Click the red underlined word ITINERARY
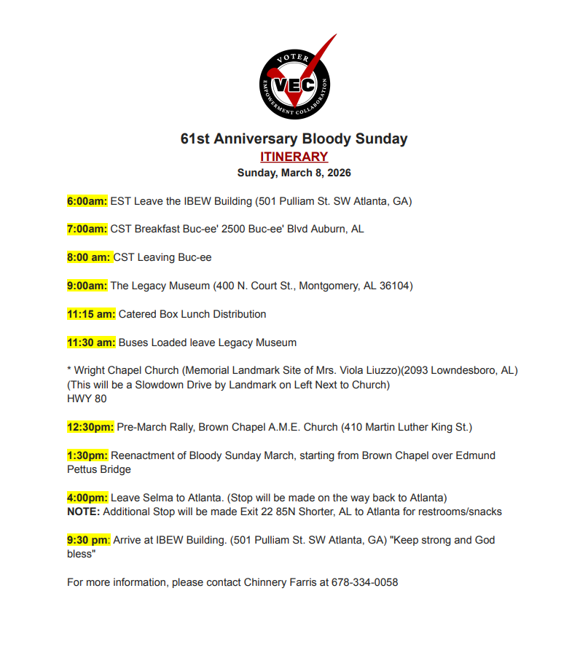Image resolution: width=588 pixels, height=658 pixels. [x=294, y=157]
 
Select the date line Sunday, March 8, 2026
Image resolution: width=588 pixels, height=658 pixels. [x=294, y=173]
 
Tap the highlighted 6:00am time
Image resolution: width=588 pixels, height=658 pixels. [x=87, y=201]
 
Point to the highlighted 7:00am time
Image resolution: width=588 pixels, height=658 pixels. [x=87, y=229]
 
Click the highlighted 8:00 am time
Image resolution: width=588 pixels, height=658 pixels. [x=88, y=257]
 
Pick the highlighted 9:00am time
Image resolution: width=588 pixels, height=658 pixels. [x=87, y=286]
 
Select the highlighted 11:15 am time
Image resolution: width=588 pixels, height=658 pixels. [x=91, y=314]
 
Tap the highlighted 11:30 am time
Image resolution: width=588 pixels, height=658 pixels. [x=91, y=342]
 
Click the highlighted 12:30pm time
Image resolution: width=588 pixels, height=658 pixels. [x=90, y=427]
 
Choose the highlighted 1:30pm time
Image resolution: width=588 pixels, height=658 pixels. [x=87, y=455]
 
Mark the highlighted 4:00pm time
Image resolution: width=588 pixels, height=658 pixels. [x=87, y=498]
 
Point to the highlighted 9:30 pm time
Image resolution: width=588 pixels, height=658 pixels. [x=88, y=540]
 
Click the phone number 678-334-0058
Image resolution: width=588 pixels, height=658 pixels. [x=364, y=583]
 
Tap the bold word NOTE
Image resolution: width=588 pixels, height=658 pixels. [x=83, y=512]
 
